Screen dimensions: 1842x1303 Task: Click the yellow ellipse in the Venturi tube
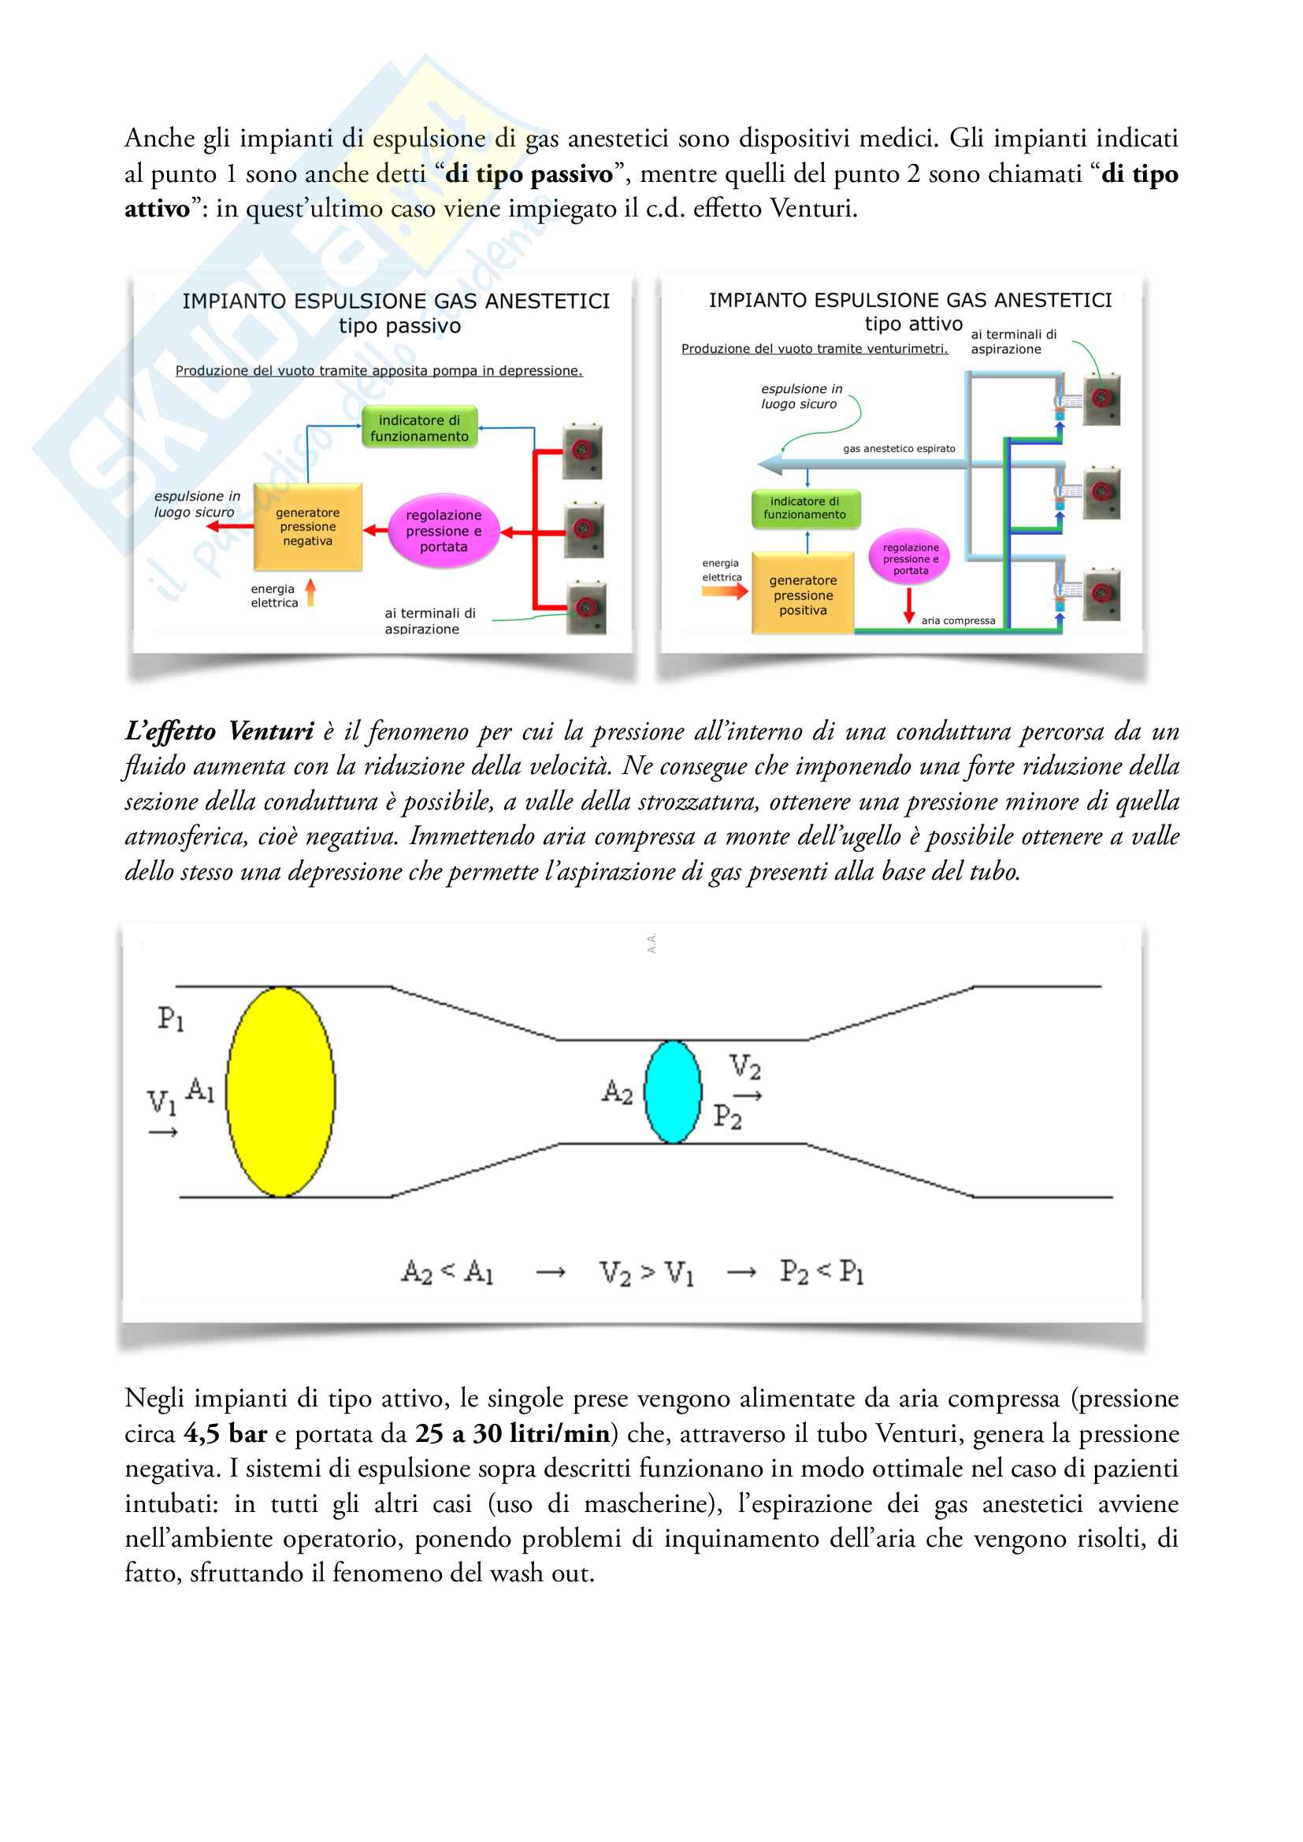280,1091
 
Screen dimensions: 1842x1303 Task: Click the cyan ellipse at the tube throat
672,1091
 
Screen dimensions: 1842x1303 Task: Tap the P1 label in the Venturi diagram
171,1019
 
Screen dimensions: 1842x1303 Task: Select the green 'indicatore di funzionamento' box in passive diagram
419,428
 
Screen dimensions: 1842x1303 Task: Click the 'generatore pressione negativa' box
308,527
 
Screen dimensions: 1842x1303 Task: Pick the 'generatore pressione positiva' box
802,595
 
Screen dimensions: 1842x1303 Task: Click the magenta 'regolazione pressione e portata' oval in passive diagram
443,531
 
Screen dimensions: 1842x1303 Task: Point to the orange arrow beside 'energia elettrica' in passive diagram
310,593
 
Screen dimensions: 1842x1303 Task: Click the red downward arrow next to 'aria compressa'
908,606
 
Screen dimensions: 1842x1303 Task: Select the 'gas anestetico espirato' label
899,449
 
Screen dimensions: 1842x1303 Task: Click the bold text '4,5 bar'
225,1433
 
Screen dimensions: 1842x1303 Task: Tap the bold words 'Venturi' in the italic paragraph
270,732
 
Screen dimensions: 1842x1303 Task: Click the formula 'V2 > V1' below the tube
646,1273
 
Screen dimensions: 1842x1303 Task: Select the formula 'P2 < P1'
822,1272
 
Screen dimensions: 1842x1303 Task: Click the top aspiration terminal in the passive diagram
582,451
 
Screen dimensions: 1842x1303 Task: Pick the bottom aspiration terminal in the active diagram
1101,595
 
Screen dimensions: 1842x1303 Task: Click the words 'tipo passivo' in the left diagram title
399,326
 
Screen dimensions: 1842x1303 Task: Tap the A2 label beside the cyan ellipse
617,1091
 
